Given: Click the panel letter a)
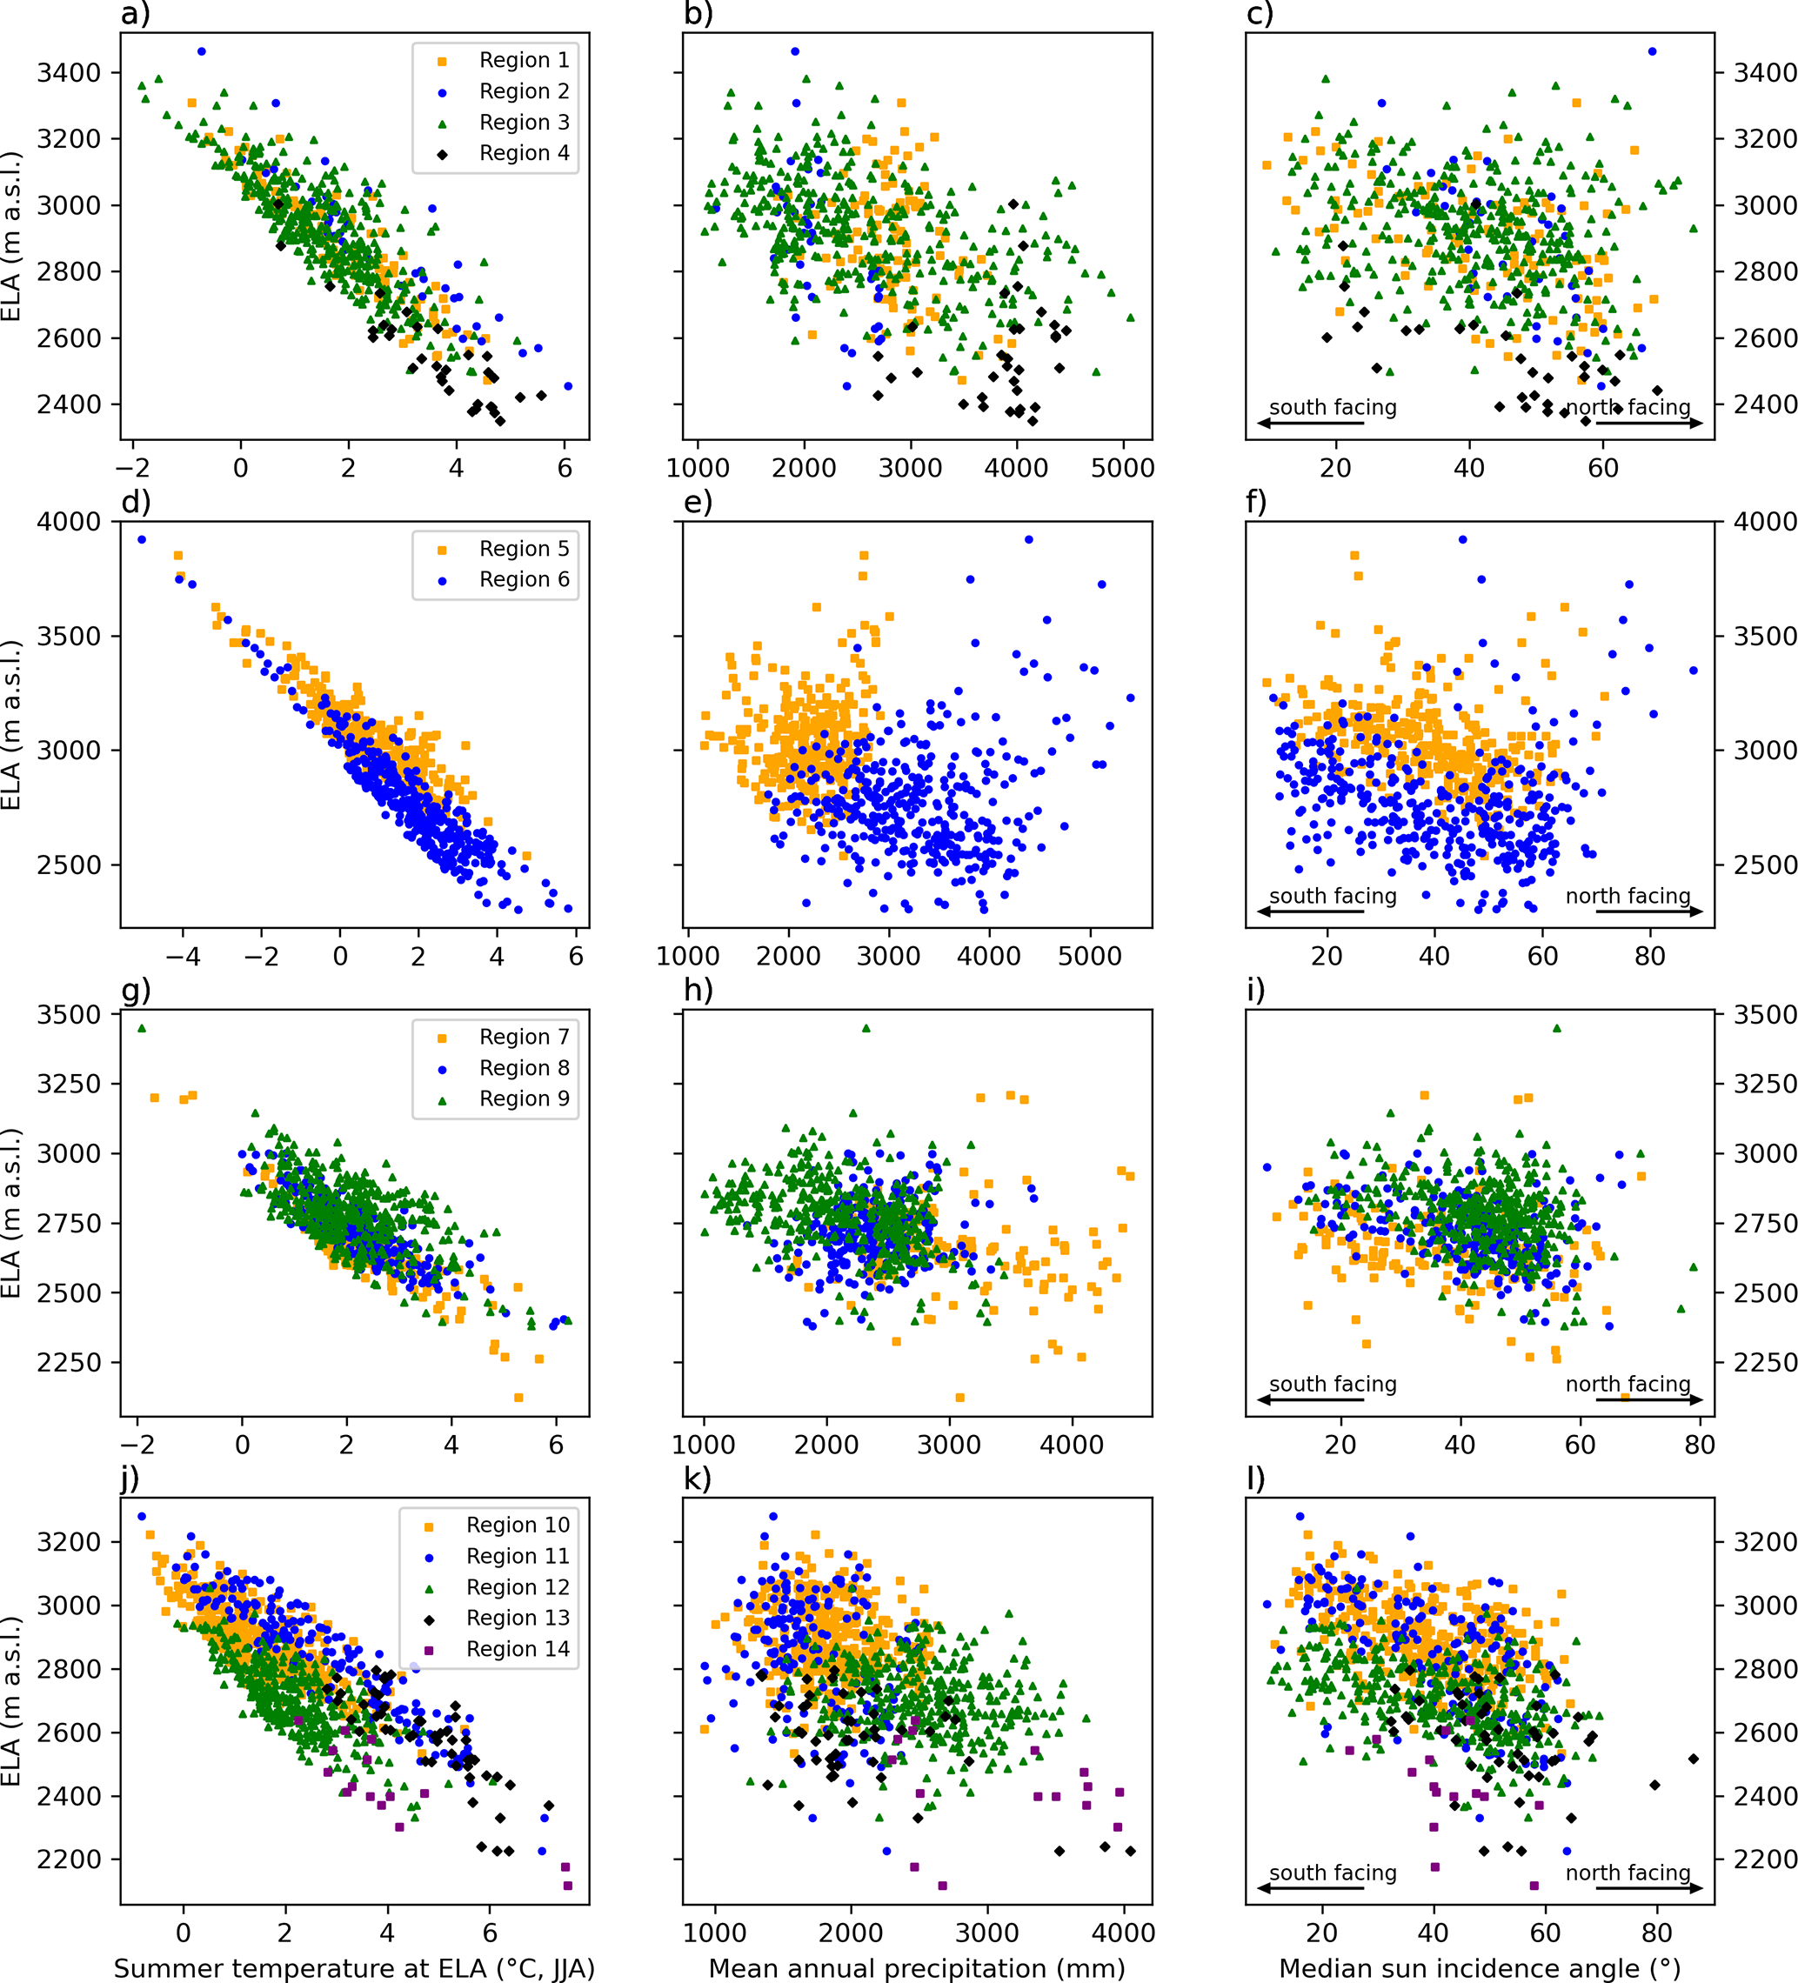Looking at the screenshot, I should [136, 14].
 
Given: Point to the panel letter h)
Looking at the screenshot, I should [698, 990].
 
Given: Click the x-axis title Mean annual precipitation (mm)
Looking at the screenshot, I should [917, 1967].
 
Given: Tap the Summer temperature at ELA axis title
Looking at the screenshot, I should [354, 1967].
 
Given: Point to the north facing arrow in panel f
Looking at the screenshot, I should [1648, 911].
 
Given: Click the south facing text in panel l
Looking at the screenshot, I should [1333, 1873].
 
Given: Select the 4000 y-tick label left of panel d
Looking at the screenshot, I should [69, 521].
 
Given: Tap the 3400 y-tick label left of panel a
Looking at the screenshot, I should [69, 73].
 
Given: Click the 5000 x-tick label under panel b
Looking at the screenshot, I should [1122, 468].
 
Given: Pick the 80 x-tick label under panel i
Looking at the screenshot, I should [1700, 1445].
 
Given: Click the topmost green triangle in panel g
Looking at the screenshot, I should [142, 1029].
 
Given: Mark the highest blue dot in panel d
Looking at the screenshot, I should [142, 540].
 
